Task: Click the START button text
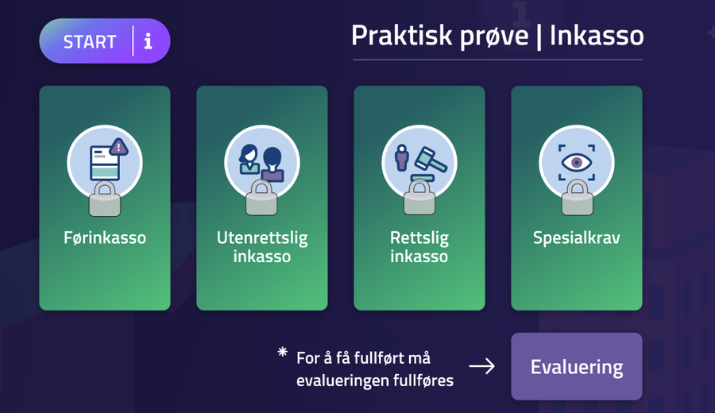(x=90, y=41)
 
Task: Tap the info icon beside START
(x=148, y=41)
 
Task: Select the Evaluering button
(x=576, y=367)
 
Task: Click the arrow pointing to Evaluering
(x=481, y=366)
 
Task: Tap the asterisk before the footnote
(x=283, y=353)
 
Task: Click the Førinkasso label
(x=105, y=237)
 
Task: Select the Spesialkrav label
(x=576, y=237)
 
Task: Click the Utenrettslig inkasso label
(x=261, y=246)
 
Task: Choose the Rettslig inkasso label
(x=419, y=246)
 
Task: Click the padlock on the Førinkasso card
(x=105, y=199)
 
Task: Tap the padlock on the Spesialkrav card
(x=577, y=199)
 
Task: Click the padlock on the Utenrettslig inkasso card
(x=261, y=199)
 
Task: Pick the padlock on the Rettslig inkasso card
(x=419, y=199)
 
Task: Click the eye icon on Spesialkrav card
(x=577, y=160)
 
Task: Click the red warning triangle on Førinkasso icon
(x=119, y=146)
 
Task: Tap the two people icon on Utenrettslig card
(x=261, y=160)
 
